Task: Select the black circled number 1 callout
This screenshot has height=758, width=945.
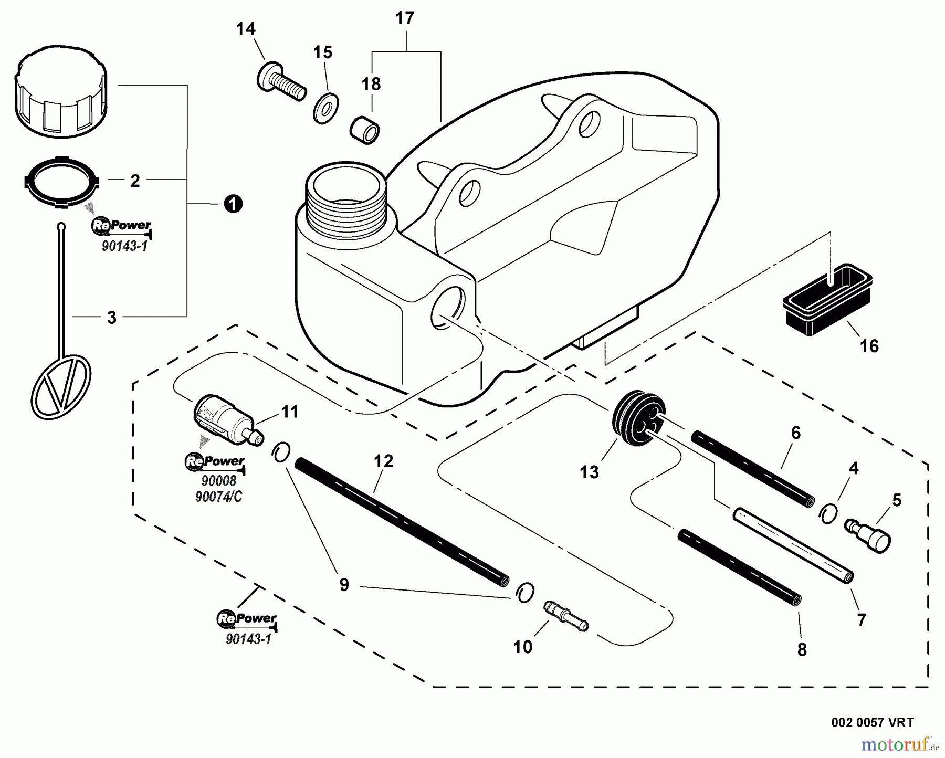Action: coord(233,204)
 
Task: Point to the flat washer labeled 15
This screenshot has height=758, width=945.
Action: coord(326,109)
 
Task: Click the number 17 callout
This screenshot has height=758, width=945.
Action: coord(405,18)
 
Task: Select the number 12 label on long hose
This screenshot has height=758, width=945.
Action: coord(384,461)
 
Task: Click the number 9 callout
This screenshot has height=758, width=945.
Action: coord(344,585)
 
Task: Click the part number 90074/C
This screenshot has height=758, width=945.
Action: coord(218,497)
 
